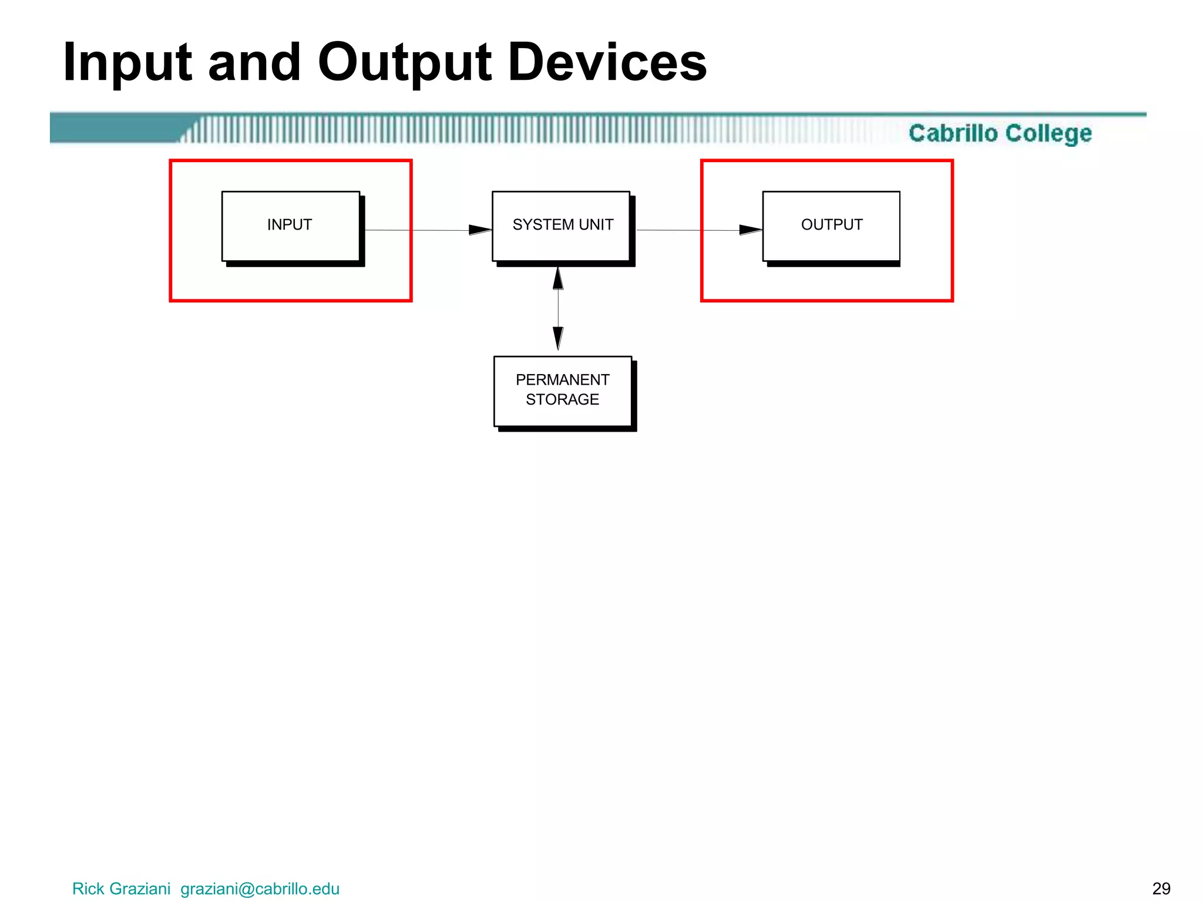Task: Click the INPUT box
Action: coord(290,226)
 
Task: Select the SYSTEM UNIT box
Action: coord(561,226)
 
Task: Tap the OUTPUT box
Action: coord(831,226)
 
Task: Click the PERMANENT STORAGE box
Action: coord(562,391)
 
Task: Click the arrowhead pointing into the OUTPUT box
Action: coord(750,230)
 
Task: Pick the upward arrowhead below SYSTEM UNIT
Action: coord(558,279)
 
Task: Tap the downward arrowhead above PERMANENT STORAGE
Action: coord(558,338)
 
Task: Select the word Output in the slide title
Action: coord(405,63)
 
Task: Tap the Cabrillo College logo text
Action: coord(1000,133)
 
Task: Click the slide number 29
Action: coord(1161,888)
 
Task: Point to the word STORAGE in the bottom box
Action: coord(562,400)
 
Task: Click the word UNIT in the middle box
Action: coord(596,225)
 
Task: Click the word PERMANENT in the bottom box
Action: coord(562,380)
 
